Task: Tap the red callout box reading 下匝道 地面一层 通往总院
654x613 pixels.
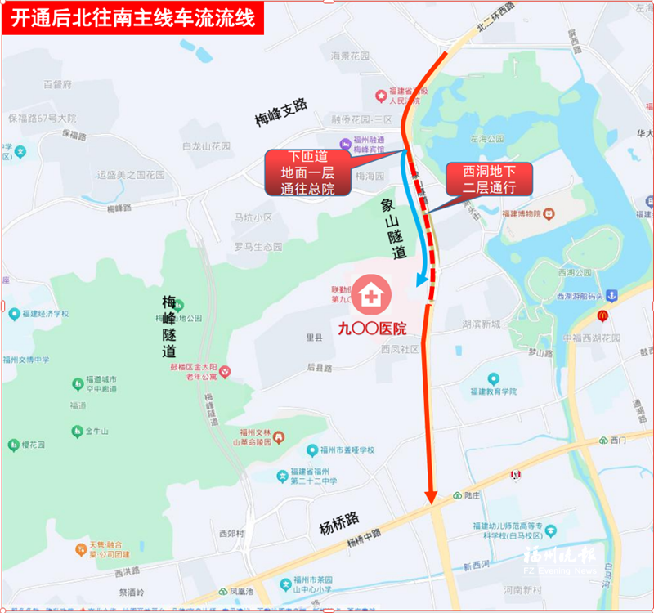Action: pos(307,172)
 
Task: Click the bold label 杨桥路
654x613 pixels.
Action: pos(339,519)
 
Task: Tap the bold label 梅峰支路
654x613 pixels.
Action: pos(280,113)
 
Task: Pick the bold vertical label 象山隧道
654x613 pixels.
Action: pos(393,228)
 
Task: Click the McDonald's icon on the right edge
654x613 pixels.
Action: pos(602,315)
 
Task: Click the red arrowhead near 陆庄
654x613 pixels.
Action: pos(431,496)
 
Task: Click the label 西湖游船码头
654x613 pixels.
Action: pos(579,296)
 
